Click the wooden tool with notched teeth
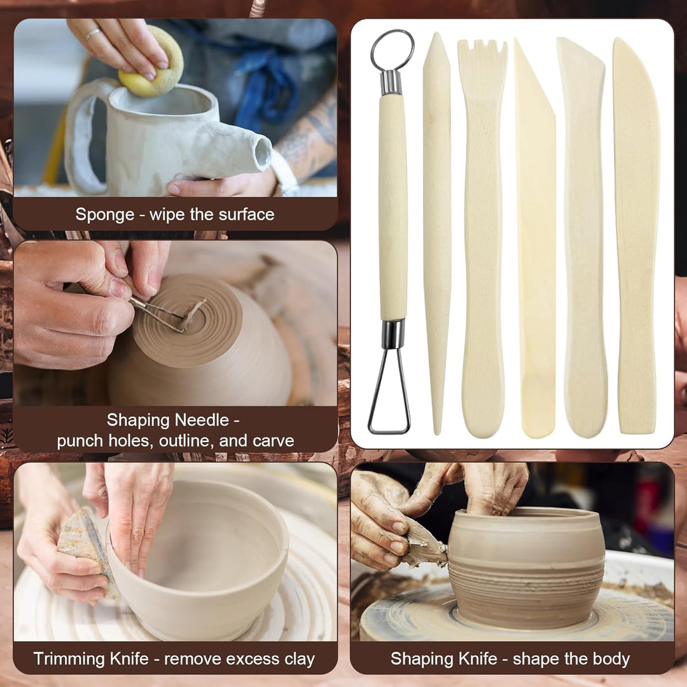pyautogui.click(x=482, y=237)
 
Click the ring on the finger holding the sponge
pyautogui.click(x=92, y=34)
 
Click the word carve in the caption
pyautogui.click(x=274, y=441)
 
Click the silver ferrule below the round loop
pyautogui.click(x=391, y=82)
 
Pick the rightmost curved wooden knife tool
pyautogui.click(x=637, y=236)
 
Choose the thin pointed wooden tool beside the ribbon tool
pyautogui.click(x=437, y=232)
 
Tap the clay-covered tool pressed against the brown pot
pyautogui.click(x=423, y=543)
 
